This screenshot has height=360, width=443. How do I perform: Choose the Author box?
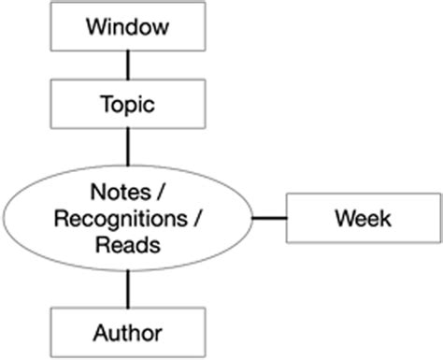pos(127,332)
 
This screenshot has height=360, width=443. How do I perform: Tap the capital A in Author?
pos(99,332)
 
